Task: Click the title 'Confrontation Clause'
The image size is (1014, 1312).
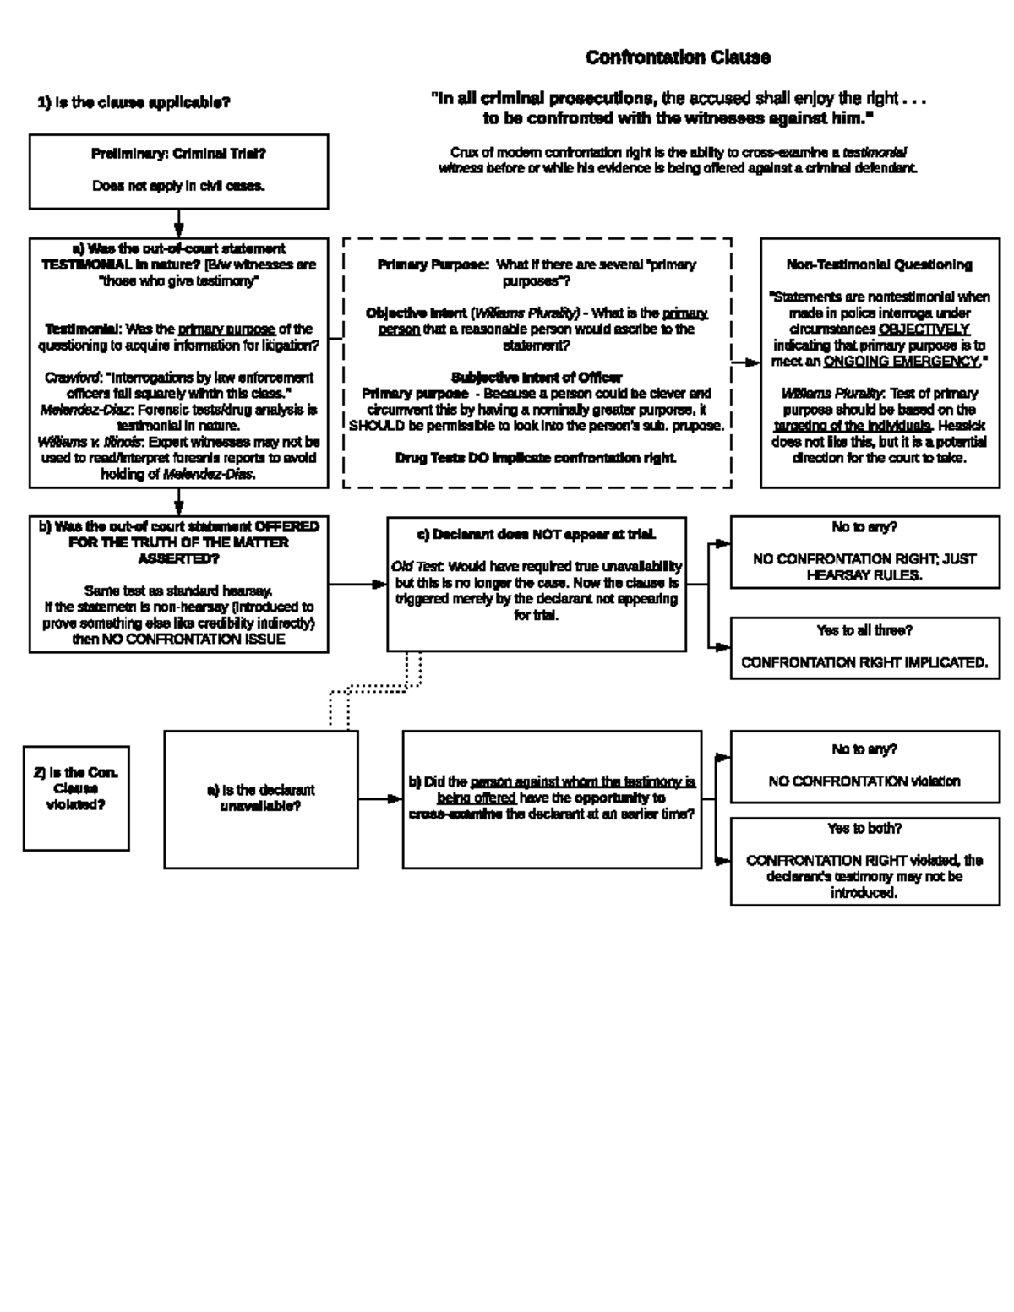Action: (678, 57)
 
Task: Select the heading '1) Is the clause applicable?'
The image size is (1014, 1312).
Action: (134, 103)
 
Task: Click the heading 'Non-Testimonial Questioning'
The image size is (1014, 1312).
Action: (879, 264)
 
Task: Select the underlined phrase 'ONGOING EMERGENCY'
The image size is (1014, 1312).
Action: (902, 362)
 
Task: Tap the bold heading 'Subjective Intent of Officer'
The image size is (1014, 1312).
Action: (537, 377)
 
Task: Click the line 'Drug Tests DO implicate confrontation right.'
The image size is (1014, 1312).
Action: (537, 457)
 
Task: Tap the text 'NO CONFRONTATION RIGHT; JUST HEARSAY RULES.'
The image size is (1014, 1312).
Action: (864, 567)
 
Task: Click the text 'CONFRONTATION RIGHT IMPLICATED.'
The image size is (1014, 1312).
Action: (864, 663)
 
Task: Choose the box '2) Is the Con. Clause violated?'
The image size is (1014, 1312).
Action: (76, 797)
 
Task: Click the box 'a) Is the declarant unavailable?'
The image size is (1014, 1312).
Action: (261, 798)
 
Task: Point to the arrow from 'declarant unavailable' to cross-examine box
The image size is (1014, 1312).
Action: (380, 798)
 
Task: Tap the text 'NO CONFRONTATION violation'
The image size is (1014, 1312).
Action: (864, 781)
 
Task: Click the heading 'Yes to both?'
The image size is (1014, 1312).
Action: (864, 828)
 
